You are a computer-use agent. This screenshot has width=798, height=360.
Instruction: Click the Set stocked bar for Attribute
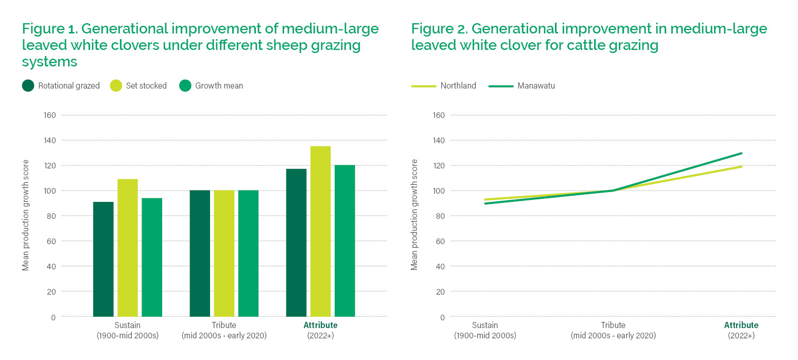(x=320, y=231)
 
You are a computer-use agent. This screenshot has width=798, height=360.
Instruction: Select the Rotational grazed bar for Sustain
(x=103, y=259)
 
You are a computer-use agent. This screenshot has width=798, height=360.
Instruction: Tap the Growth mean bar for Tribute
(x=248, y=253)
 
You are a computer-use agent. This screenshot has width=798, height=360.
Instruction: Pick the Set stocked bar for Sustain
(x=127, y=248)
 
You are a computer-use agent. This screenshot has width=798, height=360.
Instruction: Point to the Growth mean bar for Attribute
(x=344, y=241)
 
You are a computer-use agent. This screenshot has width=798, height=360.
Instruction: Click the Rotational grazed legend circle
(x=28, y=86)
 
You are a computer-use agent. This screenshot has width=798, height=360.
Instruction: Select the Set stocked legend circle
(x=116, y=86)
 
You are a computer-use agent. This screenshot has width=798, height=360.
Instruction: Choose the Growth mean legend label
(x=219, y=86)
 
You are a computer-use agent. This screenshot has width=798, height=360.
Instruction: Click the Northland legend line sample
(x=423, y=86)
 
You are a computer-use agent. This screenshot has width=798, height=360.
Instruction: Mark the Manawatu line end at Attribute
(x=741, y=153)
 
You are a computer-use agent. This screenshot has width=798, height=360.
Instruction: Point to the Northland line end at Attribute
(x=741, y=166)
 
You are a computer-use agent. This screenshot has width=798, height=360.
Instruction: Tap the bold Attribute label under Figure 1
(x=320, y=325)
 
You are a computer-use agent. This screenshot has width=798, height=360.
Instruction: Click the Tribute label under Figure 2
(x=613, y=325)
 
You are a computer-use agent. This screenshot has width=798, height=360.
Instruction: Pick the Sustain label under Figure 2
(x=485, y=325)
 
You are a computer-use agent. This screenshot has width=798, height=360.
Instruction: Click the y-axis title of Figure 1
(x=26, y=215)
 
